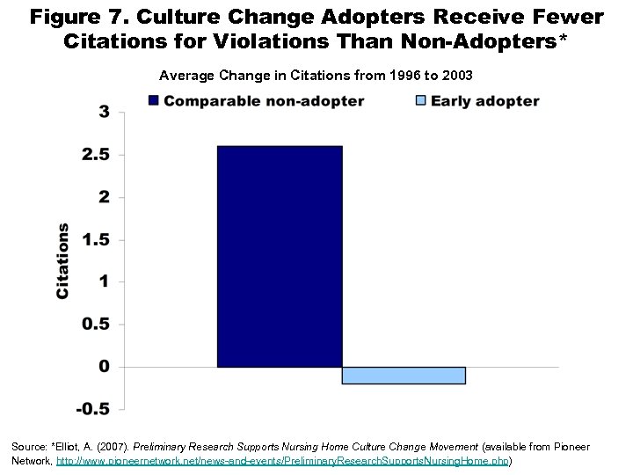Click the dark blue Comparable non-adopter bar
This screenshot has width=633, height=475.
tap(279, 256)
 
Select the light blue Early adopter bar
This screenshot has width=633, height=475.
tap(404, 376)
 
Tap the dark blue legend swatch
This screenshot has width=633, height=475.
tap(154, 101)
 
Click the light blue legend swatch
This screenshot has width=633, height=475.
tap(419, 101)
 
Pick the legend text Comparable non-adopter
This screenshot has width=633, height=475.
tap(264, 101)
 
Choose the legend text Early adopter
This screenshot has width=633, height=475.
tap(484, 101)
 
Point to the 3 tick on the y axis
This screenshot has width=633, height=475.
tap(104, 112)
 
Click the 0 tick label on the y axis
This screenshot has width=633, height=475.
tap(104, 366)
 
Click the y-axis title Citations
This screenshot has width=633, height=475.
tap(63, 260)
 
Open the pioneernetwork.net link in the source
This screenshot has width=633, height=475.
tap(292, 460)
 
